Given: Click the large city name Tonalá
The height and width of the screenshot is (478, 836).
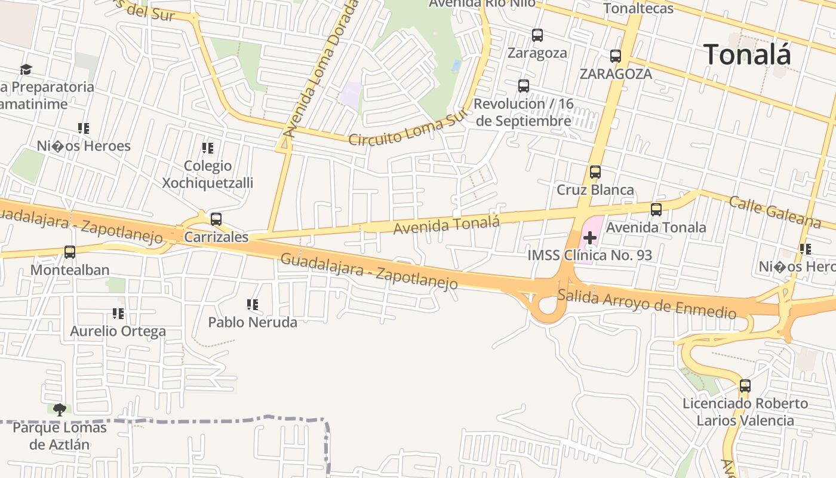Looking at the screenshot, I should pyautogui.click(x=747, y=54).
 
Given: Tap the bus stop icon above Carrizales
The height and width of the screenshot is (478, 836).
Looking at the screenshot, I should pyautogui.click(x=216, y=219).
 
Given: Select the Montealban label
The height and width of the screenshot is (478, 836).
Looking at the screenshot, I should pyautogui.click(x=70, y=270).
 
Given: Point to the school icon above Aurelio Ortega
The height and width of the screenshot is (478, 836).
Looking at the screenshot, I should pyautogui.click(x=118, y=313).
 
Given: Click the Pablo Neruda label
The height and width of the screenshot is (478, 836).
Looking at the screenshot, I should pyautogui.click(x=253, y=322).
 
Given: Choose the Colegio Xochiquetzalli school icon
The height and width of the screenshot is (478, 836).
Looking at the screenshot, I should pyautogui.click(x=207, y=148).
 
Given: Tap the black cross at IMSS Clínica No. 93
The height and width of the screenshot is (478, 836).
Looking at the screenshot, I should pyautogui.click(x=590, y=238).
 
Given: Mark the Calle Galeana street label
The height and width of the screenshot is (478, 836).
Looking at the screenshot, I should pyautogui.click(x=774, y=212).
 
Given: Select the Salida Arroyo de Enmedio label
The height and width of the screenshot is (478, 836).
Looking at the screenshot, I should pyautogui.click(x=647, y=304).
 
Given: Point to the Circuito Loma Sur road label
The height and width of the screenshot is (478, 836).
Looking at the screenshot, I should pyautogui.click(x=406, y=131).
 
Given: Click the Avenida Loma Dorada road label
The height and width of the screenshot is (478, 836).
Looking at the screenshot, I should pyautogui.click(x=321, y=69).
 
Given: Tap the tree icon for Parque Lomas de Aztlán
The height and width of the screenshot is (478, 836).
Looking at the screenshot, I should pyautogui.click(x=59, y=410).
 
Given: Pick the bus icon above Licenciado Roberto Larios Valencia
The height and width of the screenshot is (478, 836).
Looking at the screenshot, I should pyautogui.click(x=745, y=386).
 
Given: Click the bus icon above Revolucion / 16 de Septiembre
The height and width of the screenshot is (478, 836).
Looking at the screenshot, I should pyautogui.click(x=524, y=86).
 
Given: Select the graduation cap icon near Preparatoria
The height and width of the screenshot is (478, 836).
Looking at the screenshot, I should pyautogui.click(x=26, y=70).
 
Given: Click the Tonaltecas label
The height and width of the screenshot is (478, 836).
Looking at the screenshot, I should pyautogui.click(x=638, y=8).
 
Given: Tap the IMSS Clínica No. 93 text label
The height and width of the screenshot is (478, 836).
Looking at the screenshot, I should pyautogui.click(x=589, y=256).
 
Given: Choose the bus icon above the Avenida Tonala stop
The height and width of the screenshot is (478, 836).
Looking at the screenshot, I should pyautogui.click(x=656, y=210).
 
